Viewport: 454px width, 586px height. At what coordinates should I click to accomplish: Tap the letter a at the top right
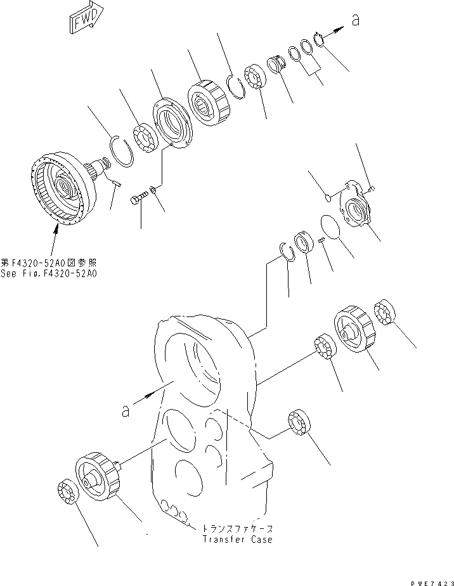355,20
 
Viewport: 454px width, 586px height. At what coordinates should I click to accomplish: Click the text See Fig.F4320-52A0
56,273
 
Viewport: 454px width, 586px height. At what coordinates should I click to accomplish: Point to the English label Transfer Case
238,539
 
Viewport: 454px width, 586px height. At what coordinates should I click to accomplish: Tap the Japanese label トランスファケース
238,528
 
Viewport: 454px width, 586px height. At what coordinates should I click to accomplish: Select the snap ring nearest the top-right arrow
319,39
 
